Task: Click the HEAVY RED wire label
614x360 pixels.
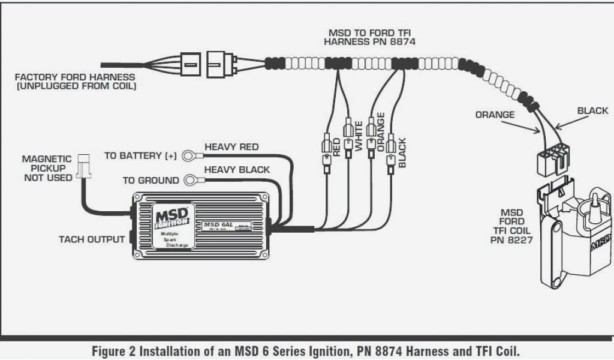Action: point(231,146)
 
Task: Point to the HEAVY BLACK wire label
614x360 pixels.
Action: point(237,170)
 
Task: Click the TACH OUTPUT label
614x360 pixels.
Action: point(92,239)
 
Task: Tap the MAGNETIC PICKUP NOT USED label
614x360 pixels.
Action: point(47,169)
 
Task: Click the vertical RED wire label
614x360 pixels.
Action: point(336,147)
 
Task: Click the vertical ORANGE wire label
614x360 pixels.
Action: point(380,131)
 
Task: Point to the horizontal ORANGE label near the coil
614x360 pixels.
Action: point(495,114)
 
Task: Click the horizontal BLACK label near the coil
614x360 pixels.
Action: point(592,110)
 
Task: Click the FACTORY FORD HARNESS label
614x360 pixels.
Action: point(75,82)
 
